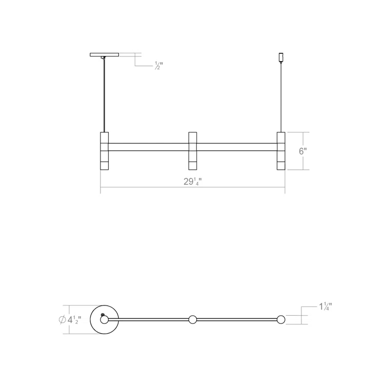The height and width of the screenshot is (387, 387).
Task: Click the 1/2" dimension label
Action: [158, 66]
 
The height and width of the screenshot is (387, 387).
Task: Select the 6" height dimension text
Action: [302, 151]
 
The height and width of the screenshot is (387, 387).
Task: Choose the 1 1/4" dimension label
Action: [325, 307]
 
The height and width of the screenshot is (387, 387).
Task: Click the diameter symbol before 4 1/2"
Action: [62, 320]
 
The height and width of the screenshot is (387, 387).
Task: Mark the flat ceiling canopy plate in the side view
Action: [104, 54]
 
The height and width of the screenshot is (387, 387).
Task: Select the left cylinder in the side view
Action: [104, 151]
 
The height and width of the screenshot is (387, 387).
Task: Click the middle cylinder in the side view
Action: [193, 151]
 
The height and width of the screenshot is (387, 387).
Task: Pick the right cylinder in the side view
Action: [281, 151]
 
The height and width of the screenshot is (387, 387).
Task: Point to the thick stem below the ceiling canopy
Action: [105, 95]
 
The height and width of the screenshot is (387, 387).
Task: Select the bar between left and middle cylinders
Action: [149, 147]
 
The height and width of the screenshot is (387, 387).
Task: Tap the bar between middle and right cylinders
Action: [237, 147]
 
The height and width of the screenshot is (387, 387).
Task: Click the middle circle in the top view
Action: [193, 320]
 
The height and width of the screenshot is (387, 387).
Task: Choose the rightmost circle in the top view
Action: [281, 320]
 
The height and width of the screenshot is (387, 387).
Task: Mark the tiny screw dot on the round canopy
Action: [103, 314]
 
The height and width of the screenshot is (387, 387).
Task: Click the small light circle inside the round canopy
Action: [105, 320]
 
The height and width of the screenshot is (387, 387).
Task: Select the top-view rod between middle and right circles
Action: [237, 320]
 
